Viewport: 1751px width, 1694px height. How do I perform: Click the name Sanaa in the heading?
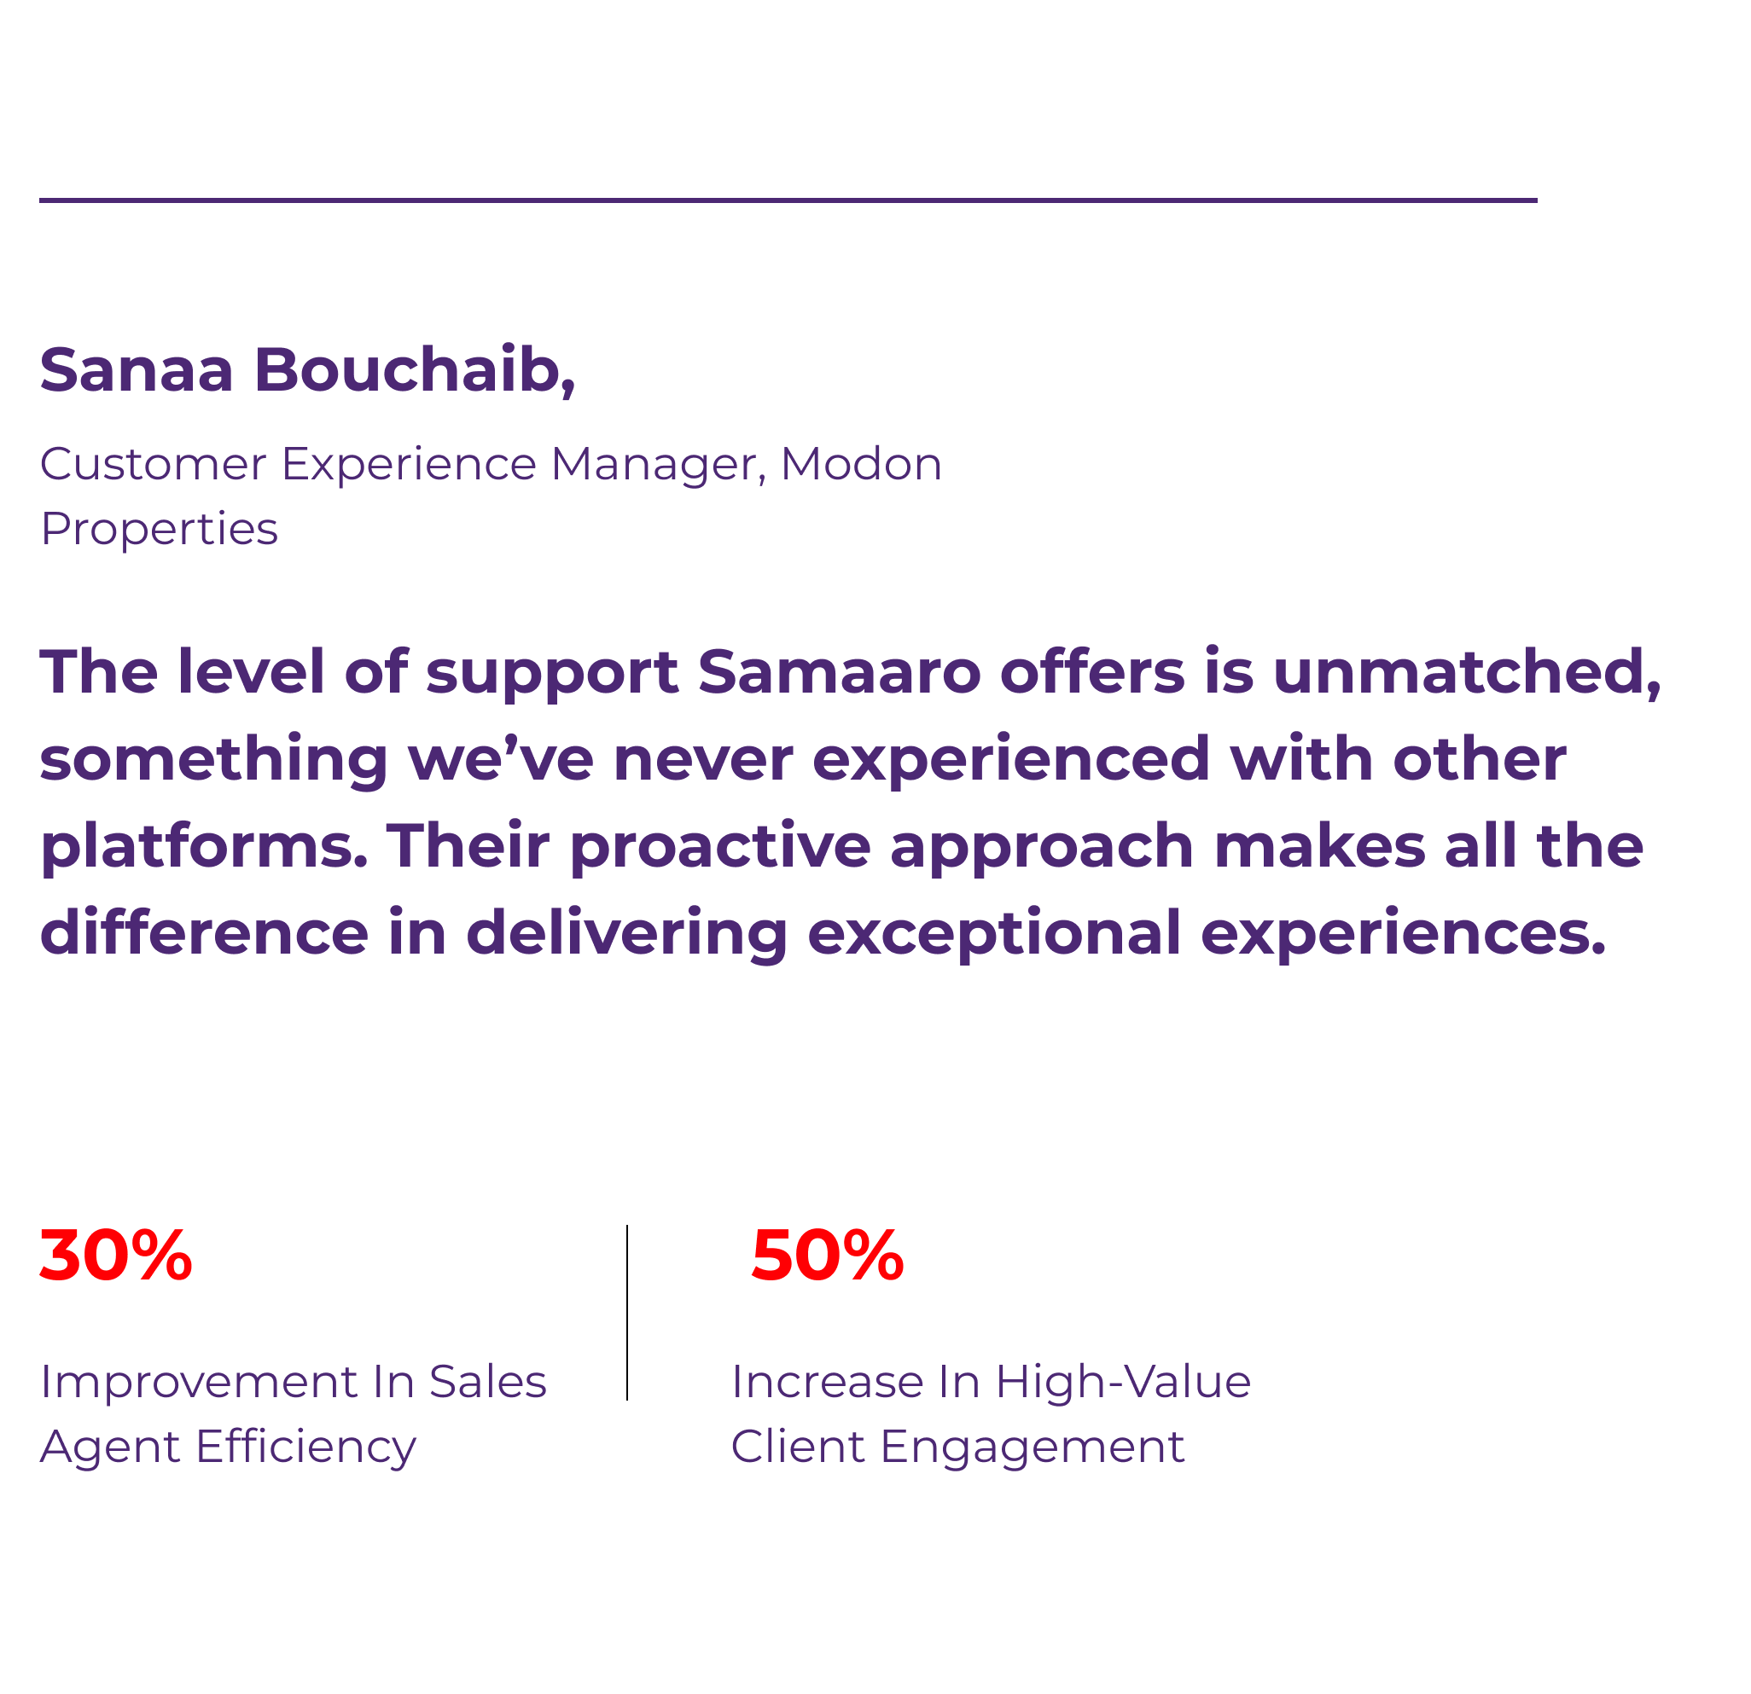pos(137,368)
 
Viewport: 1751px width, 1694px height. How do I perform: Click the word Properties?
pos(159,530)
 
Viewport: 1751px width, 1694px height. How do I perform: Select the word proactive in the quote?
pos(720,848)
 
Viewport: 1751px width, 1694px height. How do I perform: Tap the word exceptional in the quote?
pos(994,934)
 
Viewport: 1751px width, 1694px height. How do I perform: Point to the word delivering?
pos(627,934)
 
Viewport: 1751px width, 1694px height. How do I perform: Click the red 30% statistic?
pos(116,1256)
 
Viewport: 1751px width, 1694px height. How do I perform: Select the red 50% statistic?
pos(827,1256)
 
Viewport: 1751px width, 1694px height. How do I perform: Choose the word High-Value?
pos(1123,1384)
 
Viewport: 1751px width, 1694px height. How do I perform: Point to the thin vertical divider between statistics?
pos(627,1313)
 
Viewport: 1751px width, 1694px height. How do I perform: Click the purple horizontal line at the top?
pos(788,200)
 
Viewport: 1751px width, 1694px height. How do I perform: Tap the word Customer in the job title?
pos(153,464)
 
